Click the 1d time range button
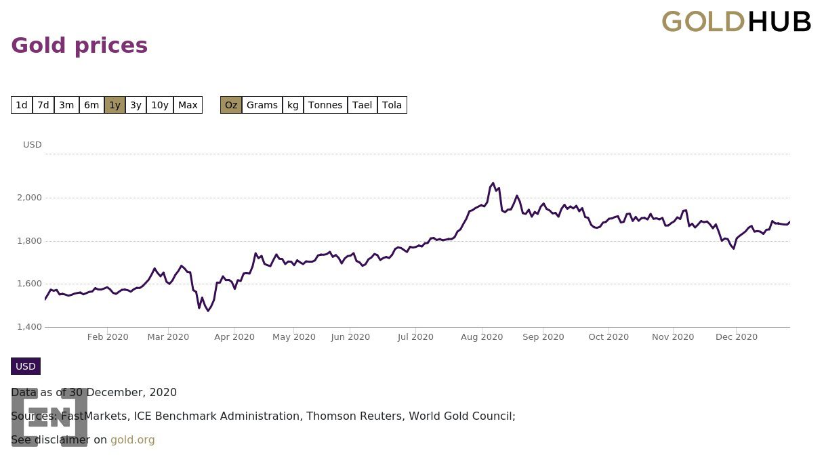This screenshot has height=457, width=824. (22, 105)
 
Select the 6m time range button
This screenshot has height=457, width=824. (91, 105)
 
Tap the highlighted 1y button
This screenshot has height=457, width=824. (115, 105)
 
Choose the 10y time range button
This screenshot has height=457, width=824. (160, 105)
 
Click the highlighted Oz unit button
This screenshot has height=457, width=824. (231, 105)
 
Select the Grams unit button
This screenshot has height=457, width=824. (262, 105)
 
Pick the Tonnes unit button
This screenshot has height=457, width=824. (325, 105)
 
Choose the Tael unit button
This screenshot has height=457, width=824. (363, 105)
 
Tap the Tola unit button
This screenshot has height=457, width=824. (392, 105)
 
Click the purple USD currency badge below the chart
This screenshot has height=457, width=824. (26, 366)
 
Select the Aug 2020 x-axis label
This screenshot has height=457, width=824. (482, 337)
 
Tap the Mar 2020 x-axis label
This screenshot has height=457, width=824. (168, 337)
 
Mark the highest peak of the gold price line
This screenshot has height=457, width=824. (493, 183)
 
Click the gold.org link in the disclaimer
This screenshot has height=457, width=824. (133, 440)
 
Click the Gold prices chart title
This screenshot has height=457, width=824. (79, 45)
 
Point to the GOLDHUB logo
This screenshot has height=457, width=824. (736, 22)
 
